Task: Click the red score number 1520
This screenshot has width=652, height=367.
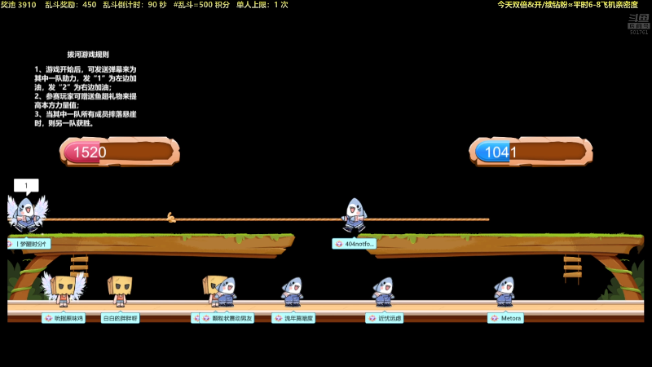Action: pyautogui.click(x=90, y=152)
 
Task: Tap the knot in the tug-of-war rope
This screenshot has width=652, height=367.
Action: pyautogui.click(x=171, y=217)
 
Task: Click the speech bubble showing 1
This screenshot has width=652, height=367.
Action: pyautogui.click(x=26, y=186)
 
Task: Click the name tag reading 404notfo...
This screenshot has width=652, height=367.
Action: pyautogui.click(x=355, y=244)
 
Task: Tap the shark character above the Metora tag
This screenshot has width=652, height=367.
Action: pyautogui.click(x=504, y=291)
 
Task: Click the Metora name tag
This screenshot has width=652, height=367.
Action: pyautogui.click(x=506, y=318)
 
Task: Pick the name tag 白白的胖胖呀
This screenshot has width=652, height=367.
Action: pyautogui.click(x=120, y=318)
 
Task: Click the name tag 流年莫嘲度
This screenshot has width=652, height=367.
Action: pyautogui.click(x=293, y=318)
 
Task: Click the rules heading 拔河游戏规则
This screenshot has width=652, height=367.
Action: pyautogui.click(x=88, y=55)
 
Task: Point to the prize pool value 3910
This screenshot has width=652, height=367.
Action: pyautogui.click(x=27, y=5)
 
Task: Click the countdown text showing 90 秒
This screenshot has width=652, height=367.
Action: pyautogui.click(x=156, y=5)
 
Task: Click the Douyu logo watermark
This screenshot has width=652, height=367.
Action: pyautogui.click(x=638, y=23)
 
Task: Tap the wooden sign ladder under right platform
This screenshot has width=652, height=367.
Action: pyautogui.click(x=572, y=268)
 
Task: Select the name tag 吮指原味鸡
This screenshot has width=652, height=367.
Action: pyautogui.click(x=64, y=318)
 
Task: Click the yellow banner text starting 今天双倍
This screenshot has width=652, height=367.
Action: pyautogui.click(x=567, y=5)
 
